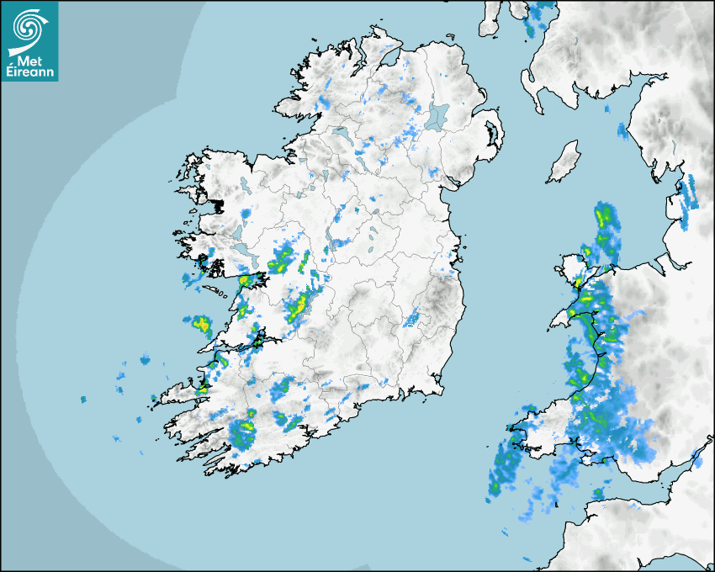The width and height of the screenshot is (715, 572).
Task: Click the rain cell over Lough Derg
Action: [x=297, y=310]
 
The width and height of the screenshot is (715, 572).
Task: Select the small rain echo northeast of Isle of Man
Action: [x=622, y=130]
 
